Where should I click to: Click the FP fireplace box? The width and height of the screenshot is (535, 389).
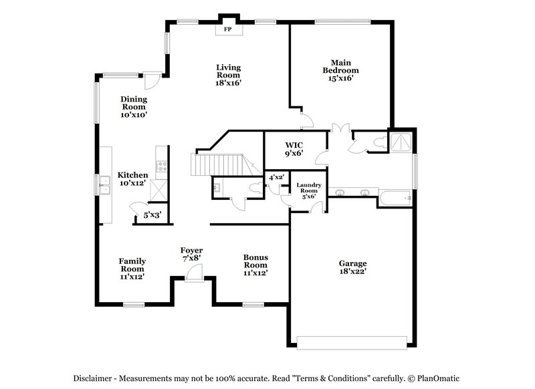point(227,29)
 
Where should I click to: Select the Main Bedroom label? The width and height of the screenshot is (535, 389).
point(340,70)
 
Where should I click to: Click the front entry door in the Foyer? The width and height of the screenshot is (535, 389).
point(194,273)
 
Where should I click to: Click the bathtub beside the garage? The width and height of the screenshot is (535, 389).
point(395,198)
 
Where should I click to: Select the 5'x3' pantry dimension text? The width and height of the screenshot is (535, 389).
point(152,215)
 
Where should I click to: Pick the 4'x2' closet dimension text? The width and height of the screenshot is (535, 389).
point(276,178)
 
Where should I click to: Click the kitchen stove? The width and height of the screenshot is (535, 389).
point(160,166)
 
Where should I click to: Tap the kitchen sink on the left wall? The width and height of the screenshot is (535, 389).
point(104,184)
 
